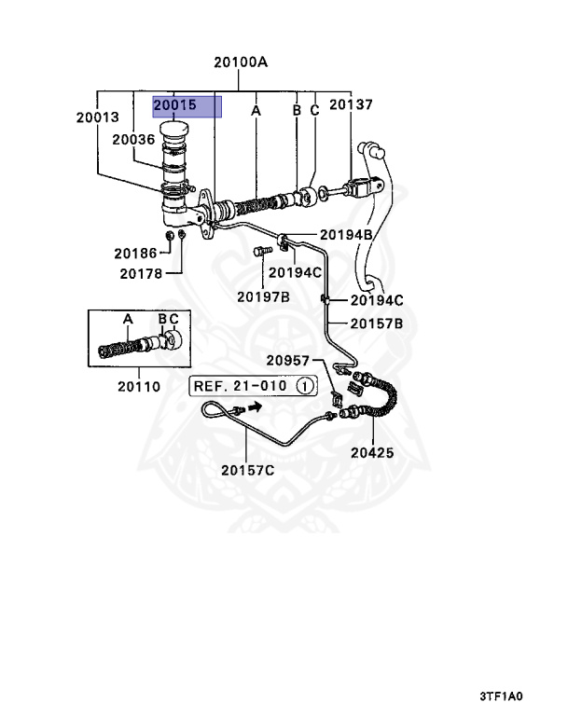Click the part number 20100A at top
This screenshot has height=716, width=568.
(240, 63)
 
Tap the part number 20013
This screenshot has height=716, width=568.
(99, 117)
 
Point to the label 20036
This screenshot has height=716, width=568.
(133, 139)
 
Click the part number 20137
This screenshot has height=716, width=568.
(350, 105)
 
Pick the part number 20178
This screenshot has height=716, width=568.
(141, 273)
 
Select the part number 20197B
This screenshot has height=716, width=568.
(262, 296)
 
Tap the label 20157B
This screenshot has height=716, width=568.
(376, 324)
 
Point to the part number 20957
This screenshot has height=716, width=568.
(286, 360)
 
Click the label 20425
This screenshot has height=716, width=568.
(372, 453)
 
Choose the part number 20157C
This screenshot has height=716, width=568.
(247, 469)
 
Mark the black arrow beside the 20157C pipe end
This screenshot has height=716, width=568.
(251, 408)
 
